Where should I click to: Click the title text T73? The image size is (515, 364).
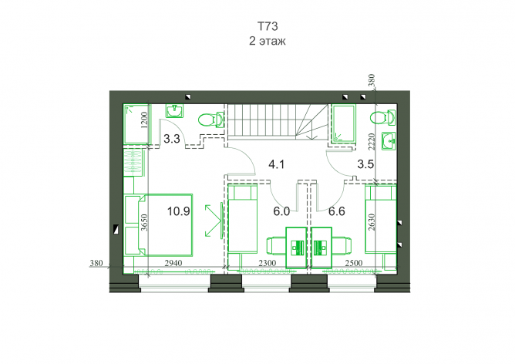click(268, 26)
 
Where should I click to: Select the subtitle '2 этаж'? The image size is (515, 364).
click(268, 41)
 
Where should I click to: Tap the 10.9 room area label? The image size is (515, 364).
click(178, 211)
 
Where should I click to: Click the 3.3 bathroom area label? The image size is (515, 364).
click(172, 139)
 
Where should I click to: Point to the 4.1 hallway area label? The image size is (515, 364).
click(276, 164)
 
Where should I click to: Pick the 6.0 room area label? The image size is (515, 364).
click(281, 211)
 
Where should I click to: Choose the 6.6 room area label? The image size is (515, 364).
click(337, 211)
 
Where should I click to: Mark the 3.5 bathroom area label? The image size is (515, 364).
click(365, 164)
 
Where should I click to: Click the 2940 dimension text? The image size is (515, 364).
click(173, 263)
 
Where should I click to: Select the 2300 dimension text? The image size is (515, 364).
click(268, 263)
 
